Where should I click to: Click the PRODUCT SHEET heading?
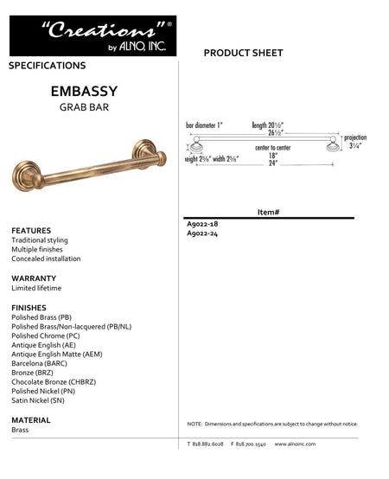click(x=243, y=54)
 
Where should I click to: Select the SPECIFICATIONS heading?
click(x=48, y=66)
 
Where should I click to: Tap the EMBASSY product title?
click(x=84, y=90)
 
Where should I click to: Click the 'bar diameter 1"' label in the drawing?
click(x=205, y=125)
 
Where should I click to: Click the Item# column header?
click(x=268, y=212)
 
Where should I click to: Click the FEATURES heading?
click(x=31, y=230)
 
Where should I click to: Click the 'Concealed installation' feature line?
click(x=46, y=259)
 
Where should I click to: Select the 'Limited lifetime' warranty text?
click(x=36, y=288)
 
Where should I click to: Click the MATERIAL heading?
click(x=31, y=419)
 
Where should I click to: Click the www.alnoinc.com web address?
click(x=295, y=444)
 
